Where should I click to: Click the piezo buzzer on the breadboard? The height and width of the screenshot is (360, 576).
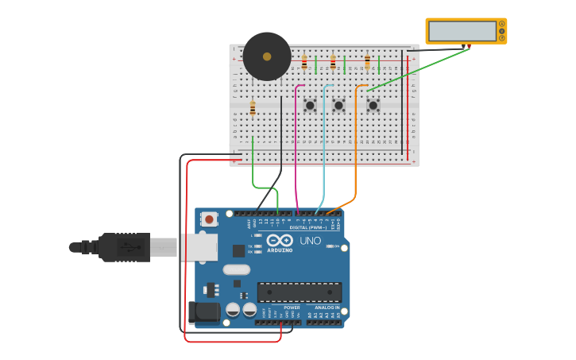click(267, 56)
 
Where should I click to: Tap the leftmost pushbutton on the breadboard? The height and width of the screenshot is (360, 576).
click(310, 105)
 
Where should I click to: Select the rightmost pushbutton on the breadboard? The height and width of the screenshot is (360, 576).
click(373, 105)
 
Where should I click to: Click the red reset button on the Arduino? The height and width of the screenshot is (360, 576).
click(209, 219)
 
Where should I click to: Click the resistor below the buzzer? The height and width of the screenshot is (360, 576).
click(253, 109)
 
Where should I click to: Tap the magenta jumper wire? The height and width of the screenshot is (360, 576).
click(296, 151)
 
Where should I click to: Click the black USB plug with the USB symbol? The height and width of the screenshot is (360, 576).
click(124, 247)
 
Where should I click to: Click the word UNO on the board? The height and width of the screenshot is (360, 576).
click(310, 241)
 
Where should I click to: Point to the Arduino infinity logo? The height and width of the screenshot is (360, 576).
click(280, 240)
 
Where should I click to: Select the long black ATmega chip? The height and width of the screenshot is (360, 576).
click(300, 292)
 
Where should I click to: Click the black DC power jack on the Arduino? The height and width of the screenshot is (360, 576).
click(203, 312)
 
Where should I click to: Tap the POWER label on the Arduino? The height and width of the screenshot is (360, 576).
click(292, 308)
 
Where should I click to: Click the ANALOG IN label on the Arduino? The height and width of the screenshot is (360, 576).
click(327, 308)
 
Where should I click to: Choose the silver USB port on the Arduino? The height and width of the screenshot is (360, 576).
click(198, 247)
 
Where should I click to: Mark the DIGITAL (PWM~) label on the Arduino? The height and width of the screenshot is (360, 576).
click(308, 227)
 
